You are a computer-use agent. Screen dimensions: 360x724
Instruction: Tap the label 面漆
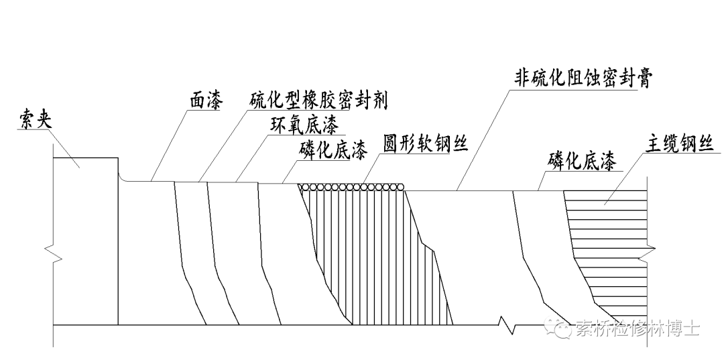[204, 101]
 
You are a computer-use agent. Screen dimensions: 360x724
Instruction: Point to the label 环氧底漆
[304, 125]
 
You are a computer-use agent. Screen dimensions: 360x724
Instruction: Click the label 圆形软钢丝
[424, 145]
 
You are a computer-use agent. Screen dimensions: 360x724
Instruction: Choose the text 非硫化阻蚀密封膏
[584, 78]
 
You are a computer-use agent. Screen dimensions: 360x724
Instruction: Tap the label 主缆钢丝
[679, 145]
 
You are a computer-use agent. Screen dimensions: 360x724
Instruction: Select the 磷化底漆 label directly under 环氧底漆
[333, 151]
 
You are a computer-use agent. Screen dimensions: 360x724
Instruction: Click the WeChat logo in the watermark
[558, 328]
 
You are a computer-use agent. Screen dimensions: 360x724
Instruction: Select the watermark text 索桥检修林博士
[637, 328]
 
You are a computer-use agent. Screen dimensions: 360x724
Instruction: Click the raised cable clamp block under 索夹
[85, 201]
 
